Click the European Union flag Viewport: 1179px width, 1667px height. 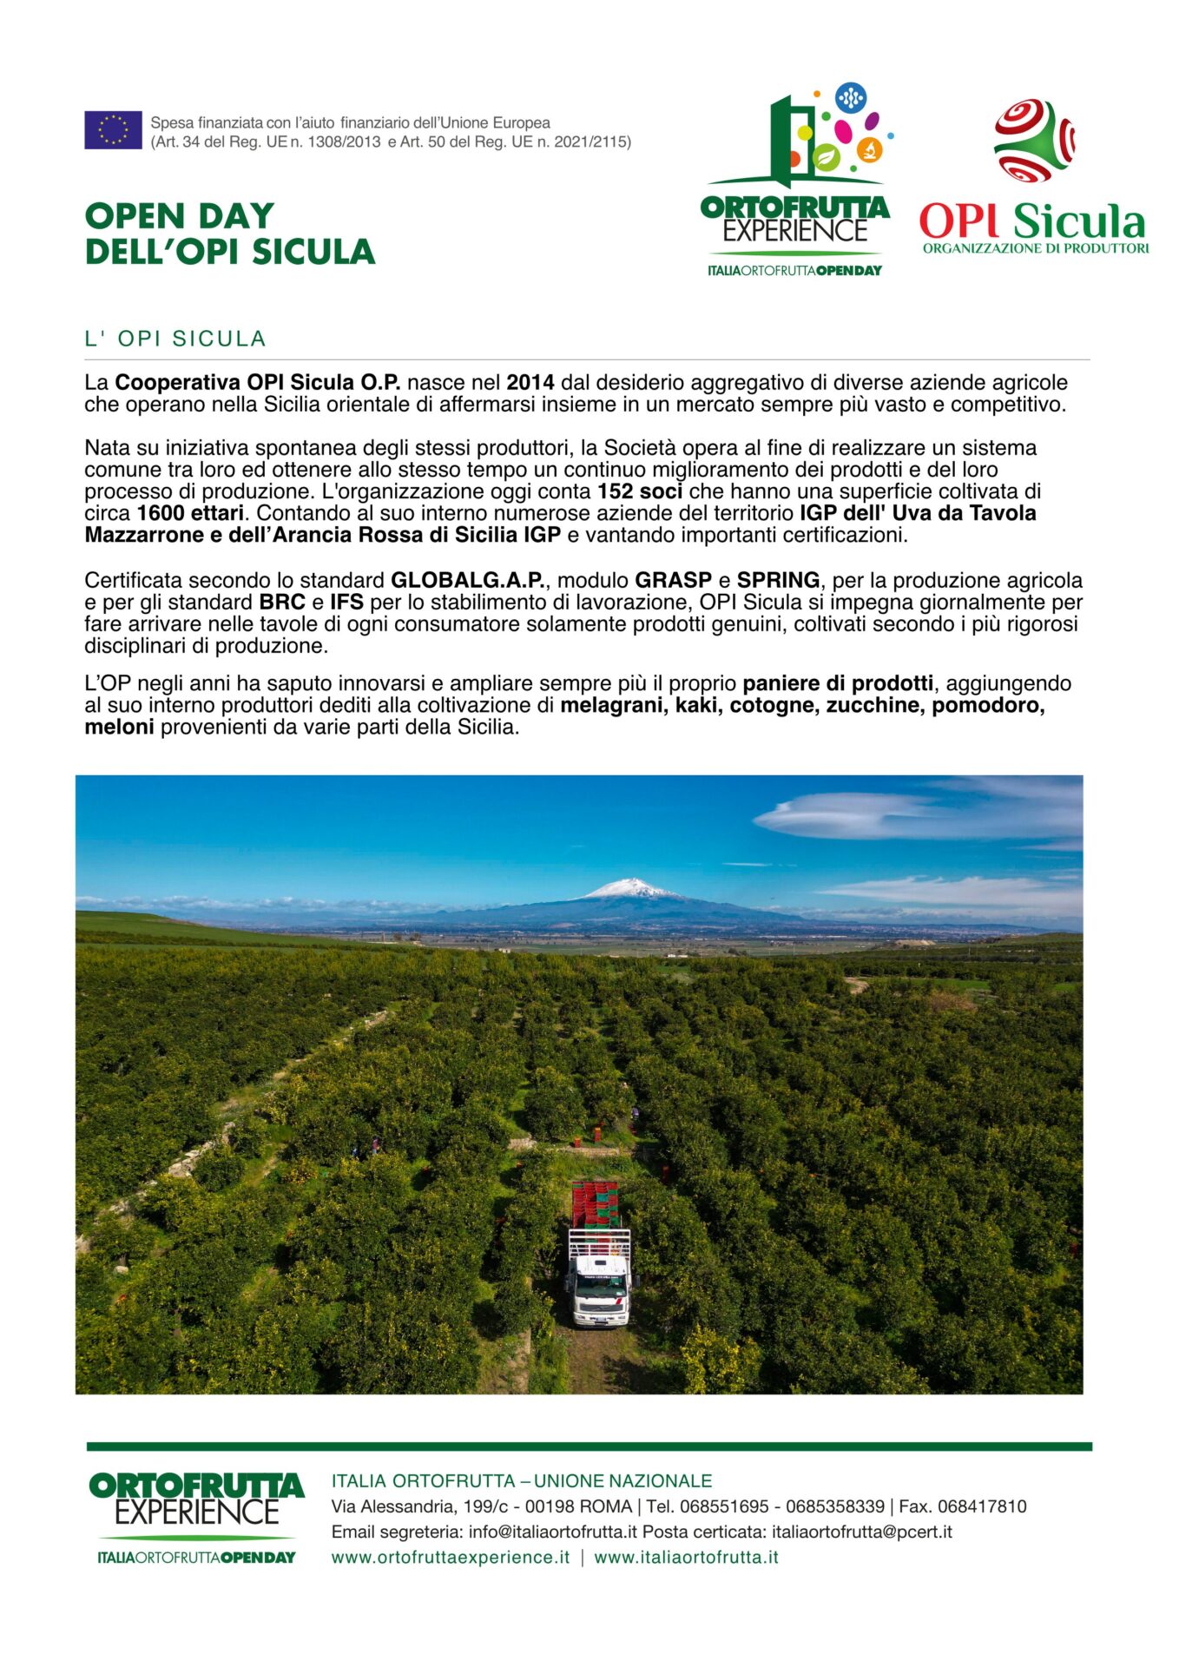pyautogui.click(x=113, y=130)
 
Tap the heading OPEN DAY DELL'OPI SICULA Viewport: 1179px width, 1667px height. pyautogui.click(x=229, y=234)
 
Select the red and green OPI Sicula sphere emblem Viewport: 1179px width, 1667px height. pyautogui.click(x=1034, y=140)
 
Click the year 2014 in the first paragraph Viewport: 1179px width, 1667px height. pyautogui.click(x=530, y=382)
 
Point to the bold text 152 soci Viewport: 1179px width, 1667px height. pyautogui.click(x=639, y=491)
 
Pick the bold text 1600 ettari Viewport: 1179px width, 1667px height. pyautogui.click(x=190, y=513)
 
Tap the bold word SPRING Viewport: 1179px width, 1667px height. pyautogui.click(x=778, y=580)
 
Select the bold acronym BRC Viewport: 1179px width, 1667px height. pyautogui.click(x=282, y=602)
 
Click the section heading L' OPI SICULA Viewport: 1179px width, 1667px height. pyautogui.click(x=175, y=339)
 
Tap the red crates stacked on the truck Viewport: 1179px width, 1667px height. pyautogui.click(x=595, y=1203)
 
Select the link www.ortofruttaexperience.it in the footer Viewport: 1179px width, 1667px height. pyautogui.click(x=451, y=1557)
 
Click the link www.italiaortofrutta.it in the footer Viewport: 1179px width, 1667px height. pyautogui.click(x=686, y=1557)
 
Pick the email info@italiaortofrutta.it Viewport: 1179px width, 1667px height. pyautogui.click(x=552, y=1532)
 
